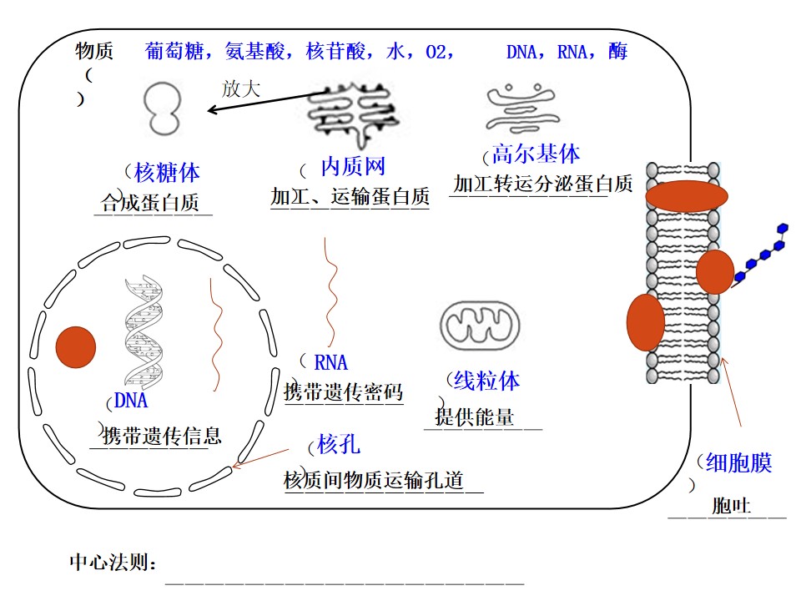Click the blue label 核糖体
point(167,172)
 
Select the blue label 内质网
point(352,166)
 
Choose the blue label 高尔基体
point(536,154)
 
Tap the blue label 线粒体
point(486,381)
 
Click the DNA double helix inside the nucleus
point(144,330)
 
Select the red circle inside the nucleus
point(76,347)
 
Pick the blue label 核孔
point(339,443)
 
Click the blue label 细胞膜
point(738,462)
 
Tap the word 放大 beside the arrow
point(241,89)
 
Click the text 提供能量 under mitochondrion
point(475,417)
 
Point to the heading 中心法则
point(113,562)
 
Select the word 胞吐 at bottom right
point(732,506)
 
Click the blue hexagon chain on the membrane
point(760,254)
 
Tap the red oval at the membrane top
point(687,195)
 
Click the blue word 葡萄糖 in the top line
point(174,51)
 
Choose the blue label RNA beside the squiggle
point(331,362)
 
